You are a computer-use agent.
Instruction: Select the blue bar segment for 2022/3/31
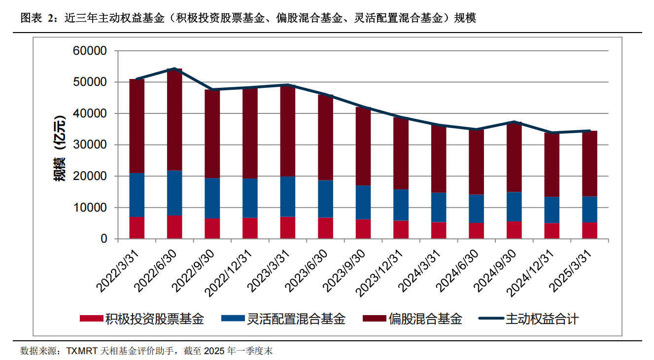[x=137, y=195]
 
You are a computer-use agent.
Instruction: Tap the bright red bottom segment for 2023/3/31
[x=288, y=227]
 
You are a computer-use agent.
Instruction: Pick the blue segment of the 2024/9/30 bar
[x=515, y=207]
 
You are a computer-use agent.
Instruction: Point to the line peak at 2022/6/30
[x=174, y=69]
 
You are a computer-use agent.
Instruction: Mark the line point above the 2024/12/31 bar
[x=552, y=133]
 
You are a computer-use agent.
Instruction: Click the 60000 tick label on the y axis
[x=89, y=51]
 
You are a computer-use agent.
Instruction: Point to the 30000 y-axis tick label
[x=89, y=145]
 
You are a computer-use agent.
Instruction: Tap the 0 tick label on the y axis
[x=103, y=239]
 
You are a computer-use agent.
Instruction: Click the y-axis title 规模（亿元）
[x=60, y=145]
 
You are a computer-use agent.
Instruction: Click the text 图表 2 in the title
[x=35, y=19]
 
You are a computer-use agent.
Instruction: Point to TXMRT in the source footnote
[x=82, y=351]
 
